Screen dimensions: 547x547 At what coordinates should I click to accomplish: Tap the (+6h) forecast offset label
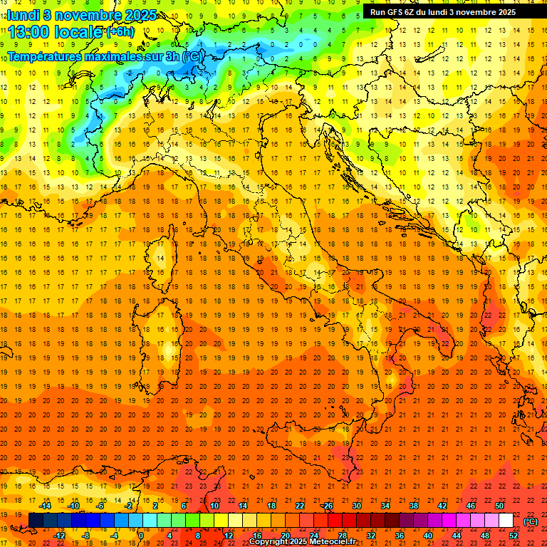pos(120,32)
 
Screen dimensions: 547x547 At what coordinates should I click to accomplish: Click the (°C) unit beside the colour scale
pos(531,521)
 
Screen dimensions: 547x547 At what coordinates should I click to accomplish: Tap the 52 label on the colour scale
pos(514,535)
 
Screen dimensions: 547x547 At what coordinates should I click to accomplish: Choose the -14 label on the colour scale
pos(46,506)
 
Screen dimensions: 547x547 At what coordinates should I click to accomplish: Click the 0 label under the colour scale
pos(140,535)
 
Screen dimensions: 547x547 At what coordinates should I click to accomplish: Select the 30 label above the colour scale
pos(356,506)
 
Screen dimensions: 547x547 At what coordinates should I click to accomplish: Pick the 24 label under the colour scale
pos(313,535)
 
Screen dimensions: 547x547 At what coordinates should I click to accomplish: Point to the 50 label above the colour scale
pos(499,506)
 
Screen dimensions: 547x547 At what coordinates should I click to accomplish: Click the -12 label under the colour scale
pos(59,535)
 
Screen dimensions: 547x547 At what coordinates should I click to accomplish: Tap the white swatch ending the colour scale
pos(506,521)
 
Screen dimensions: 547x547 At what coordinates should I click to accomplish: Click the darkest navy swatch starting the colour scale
pos(36,521)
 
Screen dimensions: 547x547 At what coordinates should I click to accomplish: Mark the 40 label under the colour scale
pos(427,535)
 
